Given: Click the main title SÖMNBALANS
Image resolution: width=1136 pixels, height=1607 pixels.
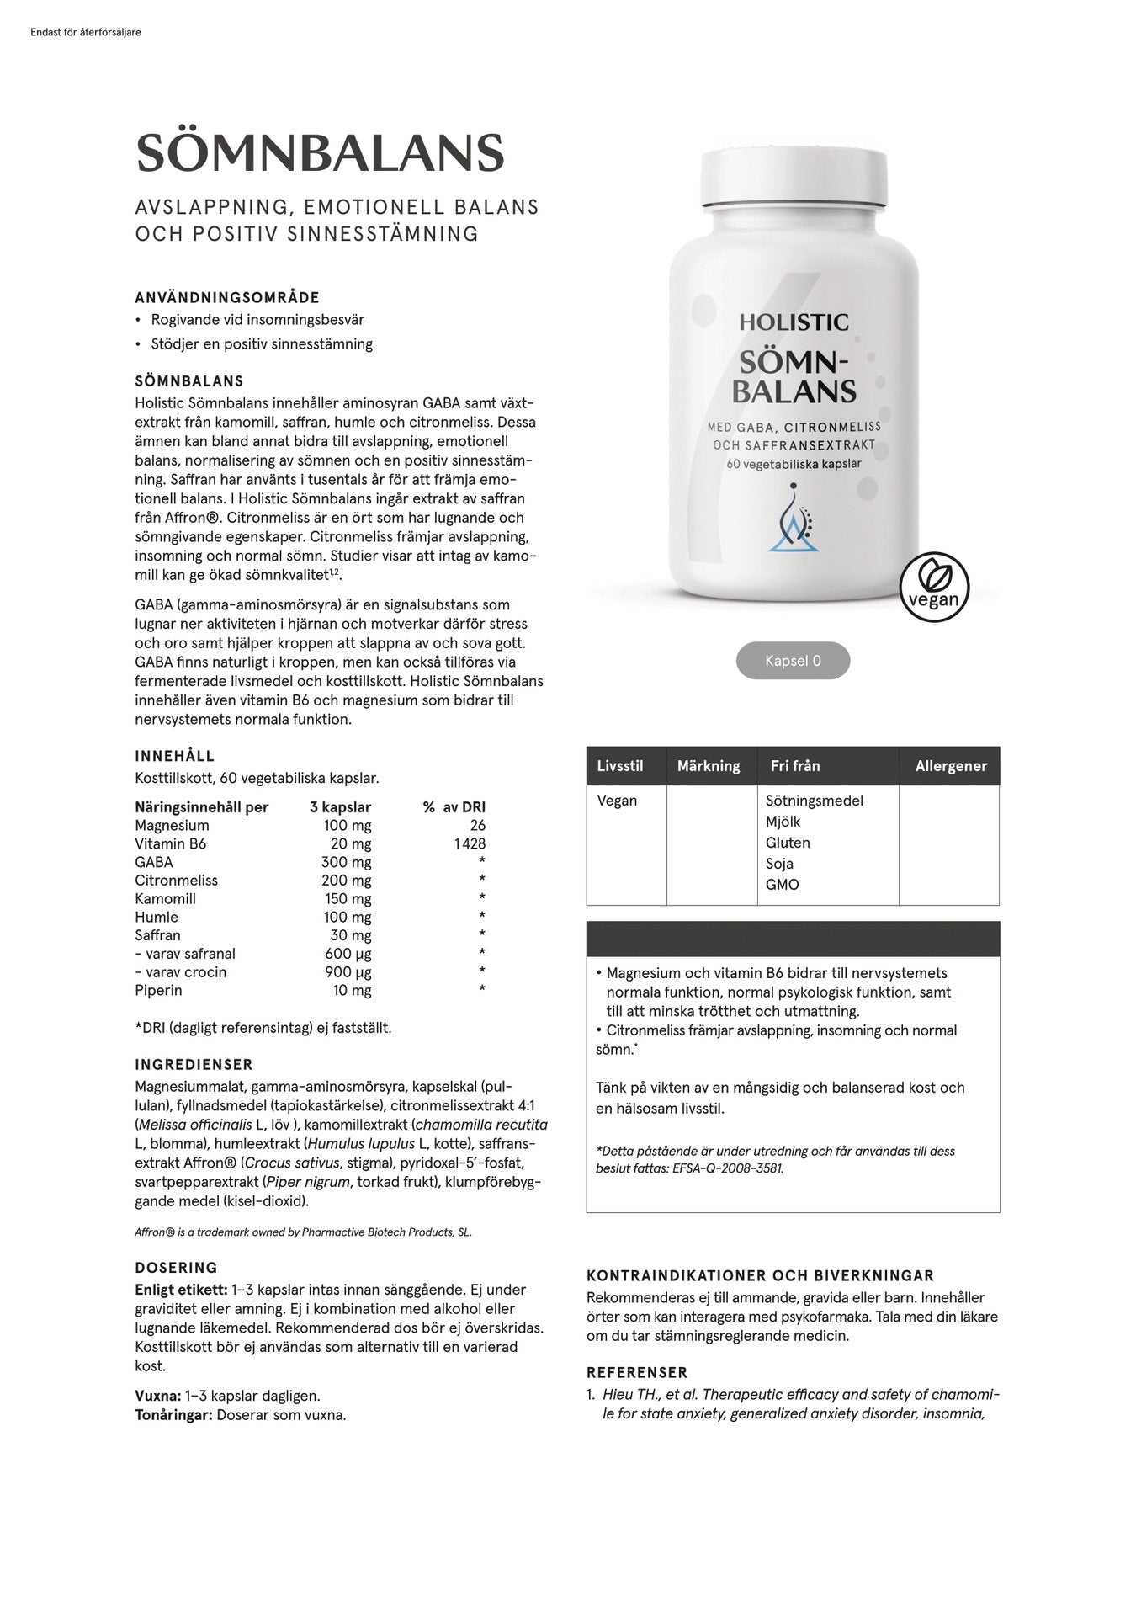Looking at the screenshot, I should tap(320, 153).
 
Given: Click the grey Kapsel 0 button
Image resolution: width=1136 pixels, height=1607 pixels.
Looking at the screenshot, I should tap(793, 661).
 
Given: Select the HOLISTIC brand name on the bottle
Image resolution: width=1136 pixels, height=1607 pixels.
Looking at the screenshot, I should tap(794, 322).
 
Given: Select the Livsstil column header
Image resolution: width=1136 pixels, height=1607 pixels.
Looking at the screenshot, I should tap(620, 766).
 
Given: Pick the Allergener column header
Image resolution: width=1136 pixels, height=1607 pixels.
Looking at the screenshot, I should tap(951, 766).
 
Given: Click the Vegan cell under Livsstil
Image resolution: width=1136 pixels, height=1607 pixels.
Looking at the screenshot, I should tap(617, 801).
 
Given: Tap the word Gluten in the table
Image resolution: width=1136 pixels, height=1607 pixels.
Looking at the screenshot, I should tap(788, 843).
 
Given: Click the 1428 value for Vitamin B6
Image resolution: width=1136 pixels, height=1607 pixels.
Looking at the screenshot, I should tap(468, 843).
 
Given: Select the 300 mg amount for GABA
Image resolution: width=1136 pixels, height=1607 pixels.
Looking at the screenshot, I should tap(346, 862).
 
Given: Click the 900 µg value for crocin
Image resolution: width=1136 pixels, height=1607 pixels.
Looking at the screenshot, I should tap(348, 971).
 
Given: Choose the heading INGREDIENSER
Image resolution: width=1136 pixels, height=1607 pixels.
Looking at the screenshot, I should tap(194, 1065).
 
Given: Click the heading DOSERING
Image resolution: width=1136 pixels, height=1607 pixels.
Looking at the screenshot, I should tap(176, 1268).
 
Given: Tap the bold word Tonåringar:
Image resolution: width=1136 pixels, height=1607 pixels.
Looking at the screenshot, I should tap(173, 1415).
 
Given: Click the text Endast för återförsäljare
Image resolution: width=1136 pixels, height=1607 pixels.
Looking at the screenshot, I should tap(85, 33).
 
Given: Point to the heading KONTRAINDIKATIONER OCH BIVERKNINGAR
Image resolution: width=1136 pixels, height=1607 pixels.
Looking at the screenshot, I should tap(760, 1276).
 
